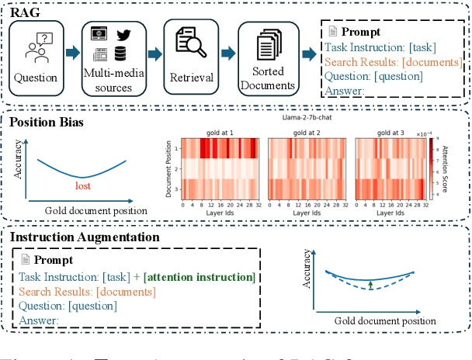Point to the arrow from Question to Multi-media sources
click(71, 53)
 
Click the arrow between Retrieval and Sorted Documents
click(228, 53)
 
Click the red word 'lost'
click(85, 186)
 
